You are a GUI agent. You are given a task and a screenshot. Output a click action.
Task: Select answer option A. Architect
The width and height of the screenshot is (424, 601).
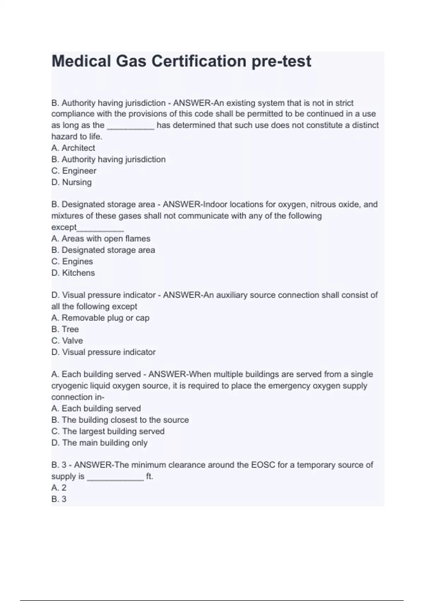(x=73, y=148)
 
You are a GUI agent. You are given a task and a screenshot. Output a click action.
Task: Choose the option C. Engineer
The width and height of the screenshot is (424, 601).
(x=74, y=171)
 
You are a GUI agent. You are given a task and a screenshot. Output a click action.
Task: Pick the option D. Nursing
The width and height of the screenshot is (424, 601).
(x=71, y=182)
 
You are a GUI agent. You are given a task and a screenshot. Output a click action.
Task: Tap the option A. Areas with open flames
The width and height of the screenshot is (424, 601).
(x=101, y=239)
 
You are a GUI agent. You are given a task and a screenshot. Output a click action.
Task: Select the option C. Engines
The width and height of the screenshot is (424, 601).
(x=72, y=261)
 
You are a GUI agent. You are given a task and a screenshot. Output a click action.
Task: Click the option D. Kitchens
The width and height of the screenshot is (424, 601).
(x=73, y=273)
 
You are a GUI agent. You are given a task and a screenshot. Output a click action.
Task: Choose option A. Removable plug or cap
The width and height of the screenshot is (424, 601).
(x=100, y=318)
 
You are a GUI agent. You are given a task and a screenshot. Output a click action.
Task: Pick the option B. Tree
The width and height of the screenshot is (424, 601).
(x=65, y=329)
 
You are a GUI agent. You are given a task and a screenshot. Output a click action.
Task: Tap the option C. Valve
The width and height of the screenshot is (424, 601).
(x=67, y=340)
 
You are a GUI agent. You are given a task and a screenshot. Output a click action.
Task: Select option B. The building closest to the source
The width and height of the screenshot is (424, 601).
(x=120, y=420)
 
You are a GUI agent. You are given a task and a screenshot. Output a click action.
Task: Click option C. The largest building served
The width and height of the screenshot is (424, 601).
(x=108, y=431)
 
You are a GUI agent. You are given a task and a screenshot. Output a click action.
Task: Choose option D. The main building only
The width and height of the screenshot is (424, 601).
(x=99, y=442)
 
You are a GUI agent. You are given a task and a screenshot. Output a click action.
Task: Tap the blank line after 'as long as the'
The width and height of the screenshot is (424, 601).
(x=130, y=127)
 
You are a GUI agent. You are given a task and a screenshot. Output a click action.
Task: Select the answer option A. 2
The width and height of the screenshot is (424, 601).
(x=59, y=488)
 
